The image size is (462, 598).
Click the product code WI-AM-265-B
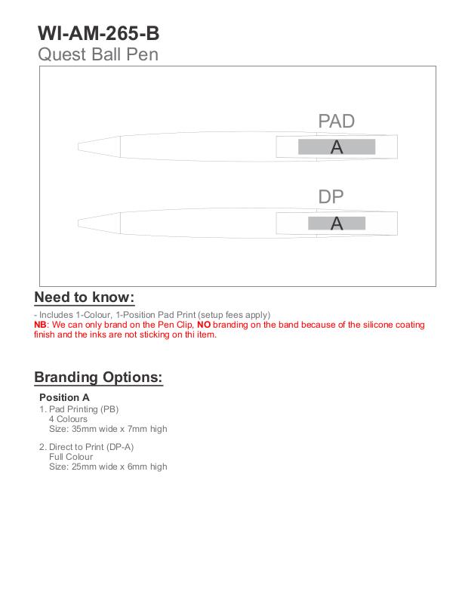pyautogui.click(x=98, y=34)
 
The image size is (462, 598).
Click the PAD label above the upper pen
pyautogui.click(x=336, y=121)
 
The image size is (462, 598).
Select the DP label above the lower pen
pyautogui.click(x=331, y=197)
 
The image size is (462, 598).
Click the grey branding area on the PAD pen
pyautogui.click(x=337, y=147)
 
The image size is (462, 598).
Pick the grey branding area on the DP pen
pyautogui.click(x=337, y=223)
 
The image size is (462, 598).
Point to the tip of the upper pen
pyautogui.click(x=81, y=146)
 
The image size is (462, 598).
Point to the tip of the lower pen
pyautogui.click(x=81, y=222)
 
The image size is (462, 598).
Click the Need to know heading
pyautogui.click(x=84, y=297)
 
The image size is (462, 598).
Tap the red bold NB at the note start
pyautogui.click(x=41, y=325)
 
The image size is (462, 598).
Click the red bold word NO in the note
pyautogui.click(x=204, y=325)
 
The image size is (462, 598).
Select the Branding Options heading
pyautogui.click(x=98, y=378)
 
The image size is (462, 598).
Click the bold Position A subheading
pyautogui.click(x=64, y=397)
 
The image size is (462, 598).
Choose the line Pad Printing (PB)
pyautogui.click(x=83, y=409)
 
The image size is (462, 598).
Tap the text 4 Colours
pyautogui.click(x=68, y=419)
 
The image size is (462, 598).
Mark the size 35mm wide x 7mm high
pyautogui.click(x=108, y=429)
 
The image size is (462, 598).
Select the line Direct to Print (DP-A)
pyautogui.click(x=91, y=447)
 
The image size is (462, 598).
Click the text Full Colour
pyautogui.click(x=71, y=457)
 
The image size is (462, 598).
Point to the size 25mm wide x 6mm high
pyautogui.click(x=108, y=467)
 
